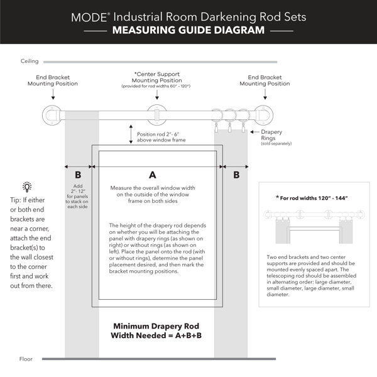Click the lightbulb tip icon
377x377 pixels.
[27, 187]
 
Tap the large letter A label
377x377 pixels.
[153, 175]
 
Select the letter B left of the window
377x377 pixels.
[78, 175]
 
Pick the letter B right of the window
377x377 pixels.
[236, 175]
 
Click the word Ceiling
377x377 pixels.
[30, 61]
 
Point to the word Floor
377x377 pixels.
[26, 359]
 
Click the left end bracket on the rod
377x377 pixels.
[52, 115]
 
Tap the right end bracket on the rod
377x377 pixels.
[263, 115]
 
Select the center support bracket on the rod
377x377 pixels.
[156, 115]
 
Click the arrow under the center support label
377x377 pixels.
[157, 95]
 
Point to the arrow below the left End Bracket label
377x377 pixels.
[53, 94]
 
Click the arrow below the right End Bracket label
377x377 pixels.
[265, 94]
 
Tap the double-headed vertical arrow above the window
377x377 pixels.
[131, 134]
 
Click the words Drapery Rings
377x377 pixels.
[271, 135]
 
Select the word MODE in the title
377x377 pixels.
[89, 18]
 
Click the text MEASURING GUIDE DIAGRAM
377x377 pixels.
[188, 30]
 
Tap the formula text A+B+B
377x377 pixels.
[188, 335]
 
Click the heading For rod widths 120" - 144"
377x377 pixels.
[312, 198]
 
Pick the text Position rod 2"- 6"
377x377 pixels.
[158, 134]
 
